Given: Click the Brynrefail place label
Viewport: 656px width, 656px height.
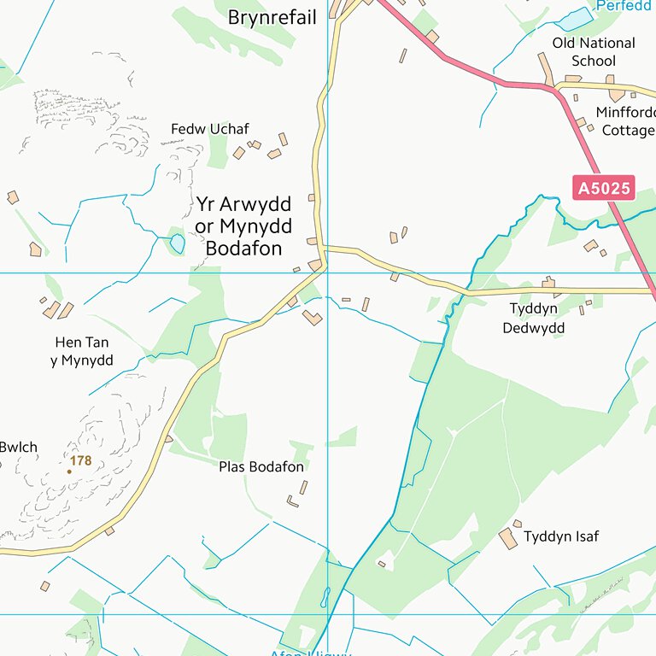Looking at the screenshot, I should pyautogui.click(x=272, y=17).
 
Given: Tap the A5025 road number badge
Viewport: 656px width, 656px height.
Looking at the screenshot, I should pyautogui.click(x=604, y=188).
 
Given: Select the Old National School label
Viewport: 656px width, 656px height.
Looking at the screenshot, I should pyautogui.click(x=594, y=51).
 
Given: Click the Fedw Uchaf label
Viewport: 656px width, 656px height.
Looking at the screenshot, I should pyautogui.click(x=209, y=129).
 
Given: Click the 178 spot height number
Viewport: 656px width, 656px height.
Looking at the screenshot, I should pyautogui.click(x=81, y=461).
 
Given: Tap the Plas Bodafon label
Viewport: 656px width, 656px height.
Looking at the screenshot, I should pyautogui.click(x=261, y=467).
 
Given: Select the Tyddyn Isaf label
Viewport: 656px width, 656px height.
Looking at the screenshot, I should pyautogui.click(x=561, y=536).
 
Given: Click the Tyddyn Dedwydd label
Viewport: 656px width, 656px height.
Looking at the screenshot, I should pyautogui.click(x=533, y=318).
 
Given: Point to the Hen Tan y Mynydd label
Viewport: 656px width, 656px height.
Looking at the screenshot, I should pyautogui.click(x=82, y=351).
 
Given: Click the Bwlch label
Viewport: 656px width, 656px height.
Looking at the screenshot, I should pyautogui.click(x=18, y=447).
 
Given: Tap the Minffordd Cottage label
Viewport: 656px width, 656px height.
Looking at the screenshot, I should pyautogui.click(x=626, y=121).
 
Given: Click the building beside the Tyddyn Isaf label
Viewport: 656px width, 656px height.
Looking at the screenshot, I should pyautogui.click(x=507, y=538).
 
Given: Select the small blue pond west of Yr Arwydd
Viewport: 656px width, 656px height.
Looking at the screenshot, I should pyautogui.click(x=177, y=243).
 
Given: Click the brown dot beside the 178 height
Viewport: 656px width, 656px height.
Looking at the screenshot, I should pyautogui.click(x=69, y=471).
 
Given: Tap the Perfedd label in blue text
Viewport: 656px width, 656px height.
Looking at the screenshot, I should pyautogui.click(x=623, y=5).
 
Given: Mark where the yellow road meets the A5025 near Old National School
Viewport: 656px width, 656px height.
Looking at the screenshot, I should pyautogui.click(x=555, y=86).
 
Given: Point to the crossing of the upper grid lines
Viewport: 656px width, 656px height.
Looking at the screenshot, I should pyautogui.click(x=328, y=273).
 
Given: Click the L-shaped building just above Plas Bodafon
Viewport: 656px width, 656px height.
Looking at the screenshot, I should pyautogui.click(x=313, y=318).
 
